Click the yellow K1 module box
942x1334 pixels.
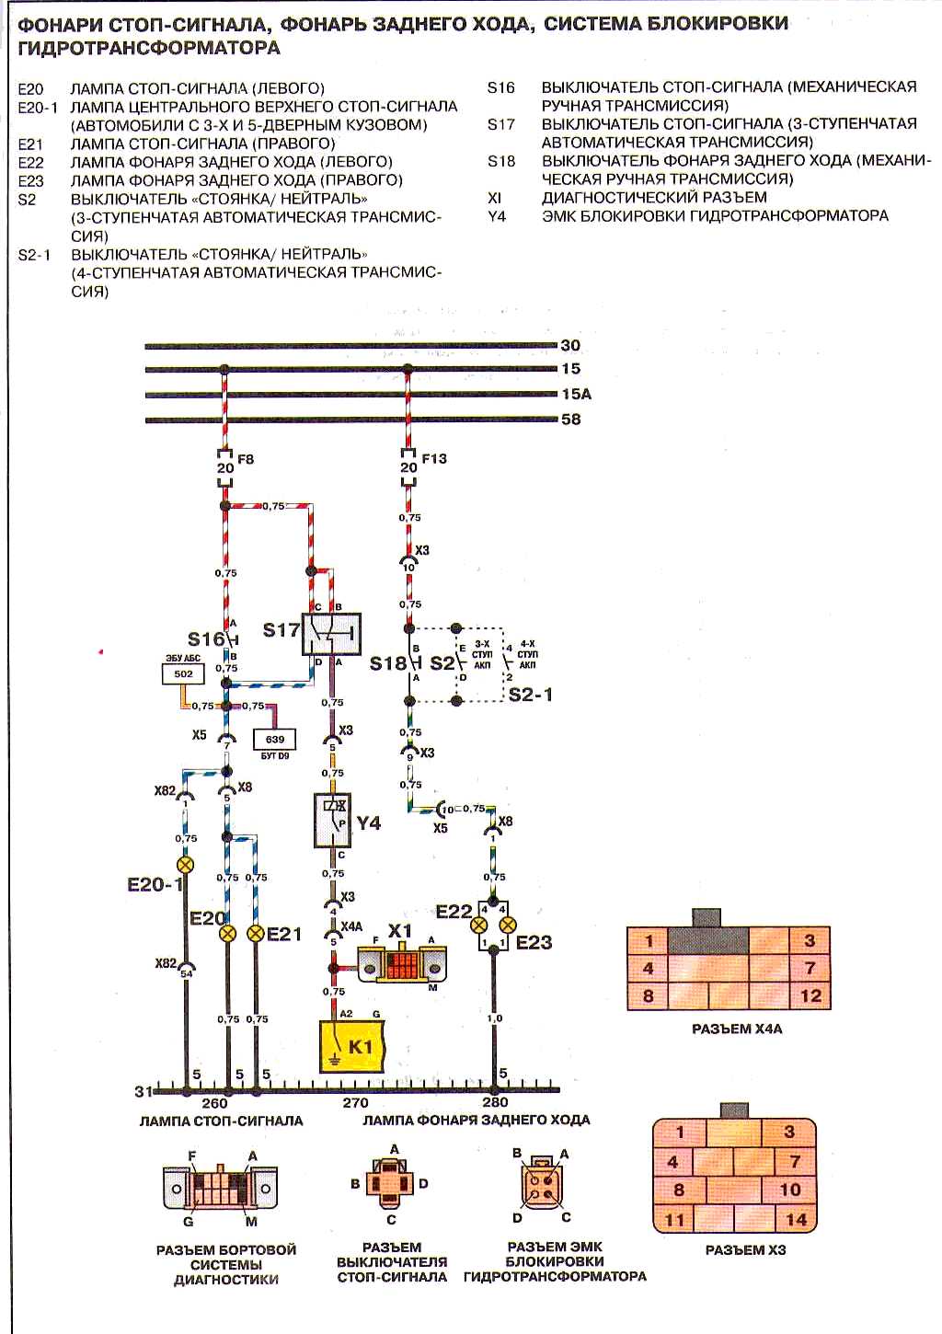[358, 1047]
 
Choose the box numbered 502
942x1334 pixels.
[183, 674]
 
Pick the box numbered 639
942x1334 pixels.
[275, 739]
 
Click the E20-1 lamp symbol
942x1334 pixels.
[186, 865]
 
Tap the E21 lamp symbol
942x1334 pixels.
[256, 933]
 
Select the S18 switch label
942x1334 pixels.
[387, 663]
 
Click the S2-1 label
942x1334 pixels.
[531, 695]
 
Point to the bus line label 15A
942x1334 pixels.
[576, 394]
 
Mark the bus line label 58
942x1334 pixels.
[570, 419]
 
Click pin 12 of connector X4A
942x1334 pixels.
[810, 995]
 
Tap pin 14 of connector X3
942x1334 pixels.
[796, 1220]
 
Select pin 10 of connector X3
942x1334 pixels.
[790, 1190]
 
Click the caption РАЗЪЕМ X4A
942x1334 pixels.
[736, 1029]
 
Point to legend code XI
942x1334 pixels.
[494, 198]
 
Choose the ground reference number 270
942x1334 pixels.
[355, 1102]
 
